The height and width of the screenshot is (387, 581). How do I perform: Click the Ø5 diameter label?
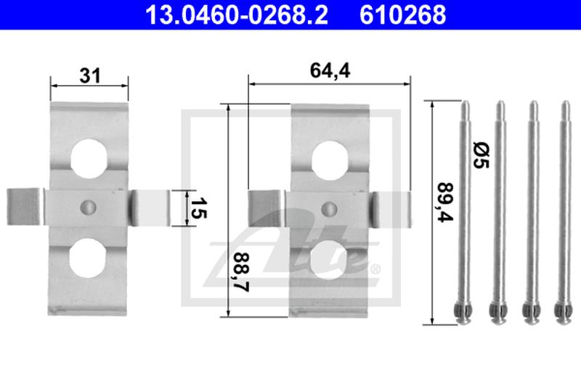coord(481,153)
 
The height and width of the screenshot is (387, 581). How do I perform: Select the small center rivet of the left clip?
coord(89,206)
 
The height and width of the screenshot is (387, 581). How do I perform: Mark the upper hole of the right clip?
coord(330,156)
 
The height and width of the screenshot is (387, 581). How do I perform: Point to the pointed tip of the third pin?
coord(532,105)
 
